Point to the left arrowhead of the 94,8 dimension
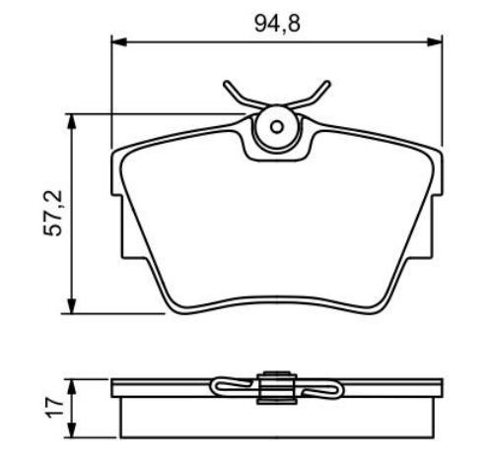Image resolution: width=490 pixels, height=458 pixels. pos(117,41)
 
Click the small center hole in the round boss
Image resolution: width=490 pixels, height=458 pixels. pos(277,126)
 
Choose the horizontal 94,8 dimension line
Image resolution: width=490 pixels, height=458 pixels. pos(197,41)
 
